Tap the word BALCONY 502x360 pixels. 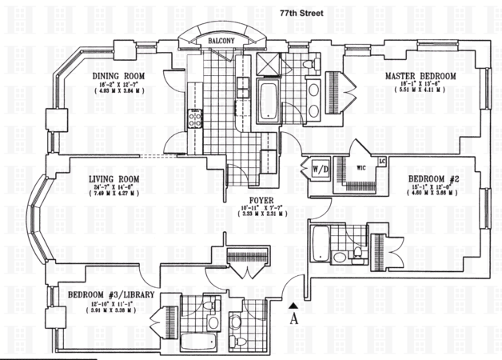pos(218,40)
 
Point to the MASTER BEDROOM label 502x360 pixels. pos(420,76)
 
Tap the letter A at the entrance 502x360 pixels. pos(295,318)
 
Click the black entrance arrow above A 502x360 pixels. pos(295,305)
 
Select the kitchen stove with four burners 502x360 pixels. pos(193,121)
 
